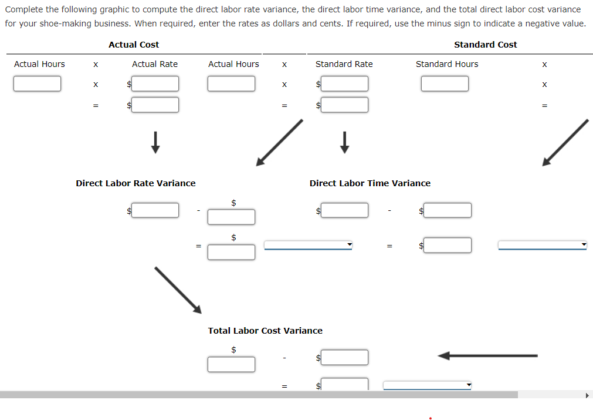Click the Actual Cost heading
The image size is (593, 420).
[134, 45]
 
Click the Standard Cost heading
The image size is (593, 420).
[485, 45]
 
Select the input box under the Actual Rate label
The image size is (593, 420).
[155, 83]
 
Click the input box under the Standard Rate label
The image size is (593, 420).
[344, 83]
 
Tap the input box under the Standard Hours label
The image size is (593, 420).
[445, 83]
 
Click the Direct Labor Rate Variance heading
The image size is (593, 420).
[135, 183]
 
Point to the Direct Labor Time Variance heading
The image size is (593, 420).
[370, 183]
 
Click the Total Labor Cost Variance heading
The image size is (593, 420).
[265, 331]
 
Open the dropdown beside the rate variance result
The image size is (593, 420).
[308, 245]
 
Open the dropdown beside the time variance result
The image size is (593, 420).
[543, 245]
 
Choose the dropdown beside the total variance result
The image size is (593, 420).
[428, 385]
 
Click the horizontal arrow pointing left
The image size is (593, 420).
[487, 355]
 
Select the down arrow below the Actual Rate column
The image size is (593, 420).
[155, 142]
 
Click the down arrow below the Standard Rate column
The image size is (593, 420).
[344, 142]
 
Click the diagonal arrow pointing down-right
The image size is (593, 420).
[178, 290]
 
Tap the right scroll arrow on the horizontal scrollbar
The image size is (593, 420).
[587, 395]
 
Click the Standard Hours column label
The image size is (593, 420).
[447, 64]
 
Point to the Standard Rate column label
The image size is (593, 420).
[344, 64]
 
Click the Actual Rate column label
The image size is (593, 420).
[155, 64]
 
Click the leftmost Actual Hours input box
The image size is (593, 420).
[37, 83]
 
